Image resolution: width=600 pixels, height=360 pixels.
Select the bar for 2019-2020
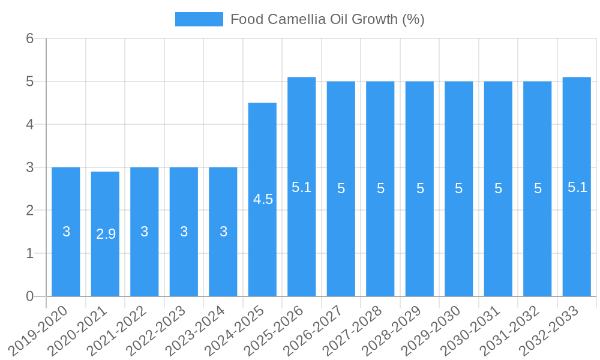[x=66, y=232]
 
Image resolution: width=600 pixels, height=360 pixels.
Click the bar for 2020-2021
[x=105, y=234]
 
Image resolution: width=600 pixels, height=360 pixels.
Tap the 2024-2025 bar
[x=262, y=199]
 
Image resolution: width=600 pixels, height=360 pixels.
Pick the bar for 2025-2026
[x=301, y=187]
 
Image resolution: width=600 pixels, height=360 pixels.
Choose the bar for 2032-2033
[x=577, y=187]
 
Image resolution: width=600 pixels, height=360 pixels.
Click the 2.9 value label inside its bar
[x=106, y=235]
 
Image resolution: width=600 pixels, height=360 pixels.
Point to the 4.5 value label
[x=263, y=200]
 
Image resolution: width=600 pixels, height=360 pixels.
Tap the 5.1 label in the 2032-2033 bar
[x=577, y=187]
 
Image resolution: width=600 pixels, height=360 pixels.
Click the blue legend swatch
[x=199, y=19]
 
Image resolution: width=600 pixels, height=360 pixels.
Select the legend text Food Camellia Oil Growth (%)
[x=327, y=19]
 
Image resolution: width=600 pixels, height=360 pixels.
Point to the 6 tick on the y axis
[x=29, y=38]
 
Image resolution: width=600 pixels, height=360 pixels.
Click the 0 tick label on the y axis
[x=29, y=296]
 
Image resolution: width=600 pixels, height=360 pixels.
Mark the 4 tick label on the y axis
[x=29, y=124]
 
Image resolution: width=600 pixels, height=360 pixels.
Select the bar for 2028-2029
[x=419, y=188]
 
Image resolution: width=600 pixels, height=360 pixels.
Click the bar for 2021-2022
[x=145, y=232]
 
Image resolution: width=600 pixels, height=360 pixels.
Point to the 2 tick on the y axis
[x=29, y=211]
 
